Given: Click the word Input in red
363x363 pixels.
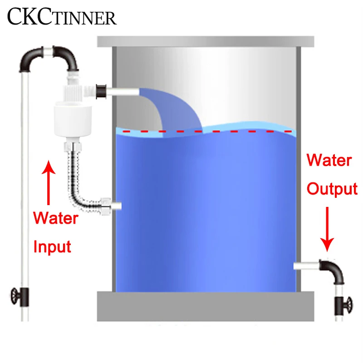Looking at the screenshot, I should click(x=53, y=247).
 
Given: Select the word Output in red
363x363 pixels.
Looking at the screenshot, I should click(x=332, y=188).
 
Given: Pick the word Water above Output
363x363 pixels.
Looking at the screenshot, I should click(x=329, y=160).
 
